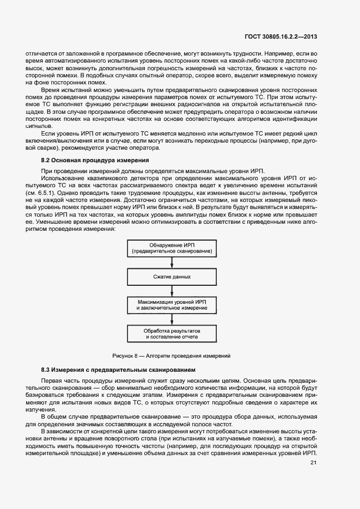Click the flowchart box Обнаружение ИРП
[172, 248]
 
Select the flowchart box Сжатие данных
[172, 277]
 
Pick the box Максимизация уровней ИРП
[172, 304]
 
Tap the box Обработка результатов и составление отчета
[172, 333]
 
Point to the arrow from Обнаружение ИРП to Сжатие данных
[172, 263]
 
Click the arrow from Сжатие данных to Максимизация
[172, 291]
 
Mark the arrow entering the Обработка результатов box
[172, 319]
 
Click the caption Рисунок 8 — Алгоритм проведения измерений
[172, 355]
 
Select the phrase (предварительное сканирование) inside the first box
[172, 252]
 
